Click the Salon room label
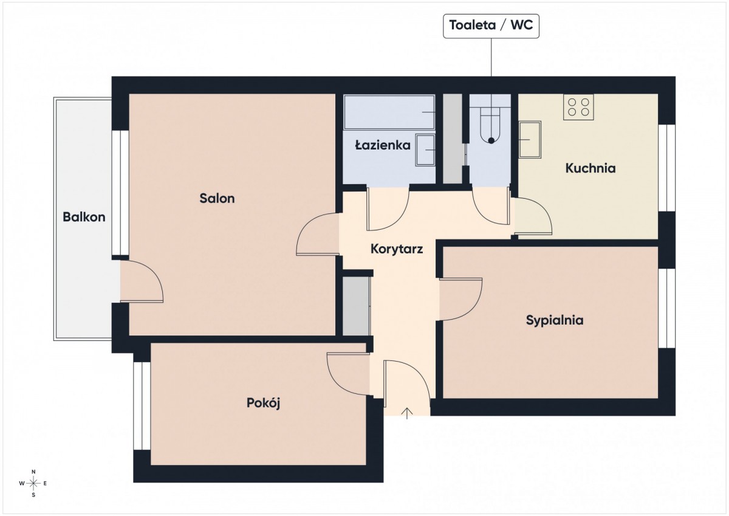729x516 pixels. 217,198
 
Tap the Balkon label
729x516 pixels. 84,217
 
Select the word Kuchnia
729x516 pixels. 590,168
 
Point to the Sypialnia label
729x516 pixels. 555,320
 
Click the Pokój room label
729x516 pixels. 263,403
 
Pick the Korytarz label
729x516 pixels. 397,249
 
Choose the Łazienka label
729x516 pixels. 383,145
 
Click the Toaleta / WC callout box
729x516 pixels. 491,26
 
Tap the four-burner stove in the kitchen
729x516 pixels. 578,107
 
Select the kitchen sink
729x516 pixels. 530,140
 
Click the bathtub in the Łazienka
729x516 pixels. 389,112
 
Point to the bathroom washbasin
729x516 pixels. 425,150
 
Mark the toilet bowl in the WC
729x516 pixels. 491,125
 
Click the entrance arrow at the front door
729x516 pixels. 407,413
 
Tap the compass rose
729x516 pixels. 33,483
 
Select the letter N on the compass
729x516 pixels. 33,472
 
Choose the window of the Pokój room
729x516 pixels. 142,405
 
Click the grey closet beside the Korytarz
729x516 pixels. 357,306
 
